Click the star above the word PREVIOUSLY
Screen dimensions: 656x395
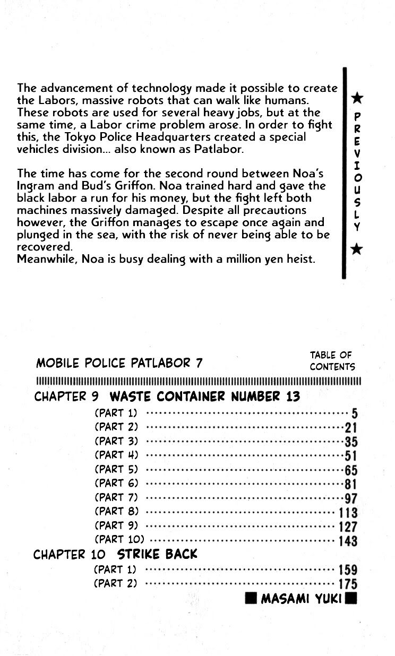click(357, 98)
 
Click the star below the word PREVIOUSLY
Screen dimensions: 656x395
click(357, 248)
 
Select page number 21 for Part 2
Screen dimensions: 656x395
click(351, 428)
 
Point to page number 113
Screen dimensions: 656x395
click(348, 513)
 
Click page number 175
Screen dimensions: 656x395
click(348, 584)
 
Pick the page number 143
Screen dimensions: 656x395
click(348, 541)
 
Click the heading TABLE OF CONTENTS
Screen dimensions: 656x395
click(332, 361)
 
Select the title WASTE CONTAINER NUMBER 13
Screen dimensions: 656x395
click(204, 396)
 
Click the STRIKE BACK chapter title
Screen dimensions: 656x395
click(157, 555)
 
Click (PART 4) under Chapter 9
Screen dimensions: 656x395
click(116, 455)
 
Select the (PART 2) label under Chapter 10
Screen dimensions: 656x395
click(115, 583)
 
